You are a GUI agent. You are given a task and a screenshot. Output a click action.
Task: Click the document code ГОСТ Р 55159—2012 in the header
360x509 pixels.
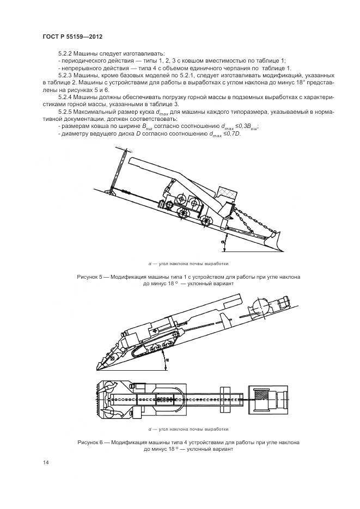[72, 36]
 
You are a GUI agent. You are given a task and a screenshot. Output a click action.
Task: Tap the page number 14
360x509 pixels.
[45, 463]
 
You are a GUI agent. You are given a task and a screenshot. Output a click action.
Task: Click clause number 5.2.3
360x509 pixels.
[65, 75]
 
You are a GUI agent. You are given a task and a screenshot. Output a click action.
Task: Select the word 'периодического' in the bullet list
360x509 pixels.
[83, 60]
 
